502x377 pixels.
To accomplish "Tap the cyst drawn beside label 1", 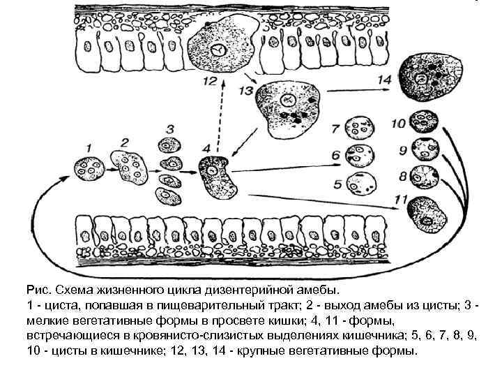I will click(x=89, y=169).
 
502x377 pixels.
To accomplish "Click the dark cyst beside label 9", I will click(x=425, y=149).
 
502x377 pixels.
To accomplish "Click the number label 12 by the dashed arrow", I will click(x=210, y=81).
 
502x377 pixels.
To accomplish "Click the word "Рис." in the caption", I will click(x=36, y=288).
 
